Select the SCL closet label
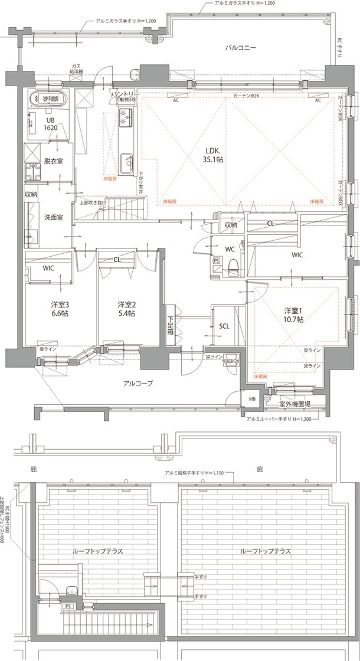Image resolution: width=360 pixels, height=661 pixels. [224, 326]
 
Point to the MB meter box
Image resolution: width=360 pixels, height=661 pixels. [253, 399]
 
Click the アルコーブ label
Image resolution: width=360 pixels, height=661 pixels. [138, 383]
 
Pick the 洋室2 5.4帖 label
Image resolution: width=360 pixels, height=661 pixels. [126, 309]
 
